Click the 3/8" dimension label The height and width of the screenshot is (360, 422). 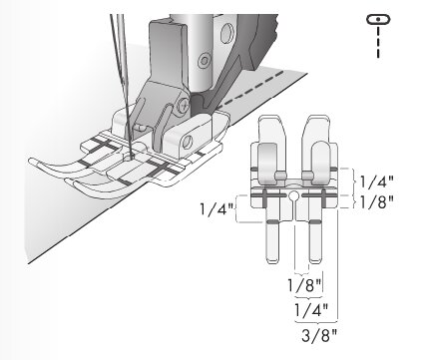click(319, 335)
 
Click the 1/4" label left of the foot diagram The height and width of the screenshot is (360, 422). click(216, 209)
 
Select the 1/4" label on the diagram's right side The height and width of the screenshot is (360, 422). click(377, 181)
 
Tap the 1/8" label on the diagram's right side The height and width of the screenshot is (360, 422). click(377, 201)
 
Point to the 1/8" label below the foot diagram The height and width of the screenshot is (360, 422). click(304, 285)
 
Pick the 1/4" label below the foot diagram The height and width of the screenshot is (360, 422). click(311, 310)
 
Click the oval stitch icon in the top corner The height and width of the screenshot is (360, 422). click(378, 19)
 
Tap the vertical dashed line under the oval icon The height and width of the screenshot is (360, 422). click(378, 42)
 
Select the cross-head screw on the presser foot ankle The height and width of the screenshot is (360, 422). click(184, 106)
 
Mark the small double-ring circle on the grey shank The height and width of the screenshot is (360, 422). click(204, 60)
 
